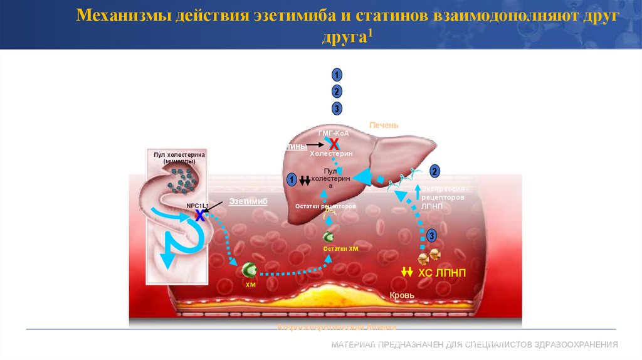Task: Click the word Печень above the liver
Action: click(x=384, y=125)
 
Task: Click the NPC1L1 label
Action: click(x=198, y=205)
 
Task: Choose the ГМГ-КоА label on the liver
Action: click(x=333, y=134)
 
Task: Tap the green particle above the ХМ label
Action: click(x=250, y=270)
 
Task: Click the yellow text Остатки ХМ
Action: click(x=340, y=249)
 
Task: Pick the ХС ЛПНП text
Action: click(x=442, y=272)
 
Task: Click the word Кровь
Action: click(x=402, y=295)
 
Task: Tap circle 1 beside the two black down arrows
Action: click(x=292, y=180)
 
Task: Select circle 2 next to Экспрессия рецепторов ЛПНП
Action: click(x=434, y=171)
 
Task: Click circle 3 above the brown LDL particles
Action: click(x=431, y=235)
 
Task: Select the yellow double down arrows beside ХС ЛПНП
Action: click(x=407, y=272)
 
